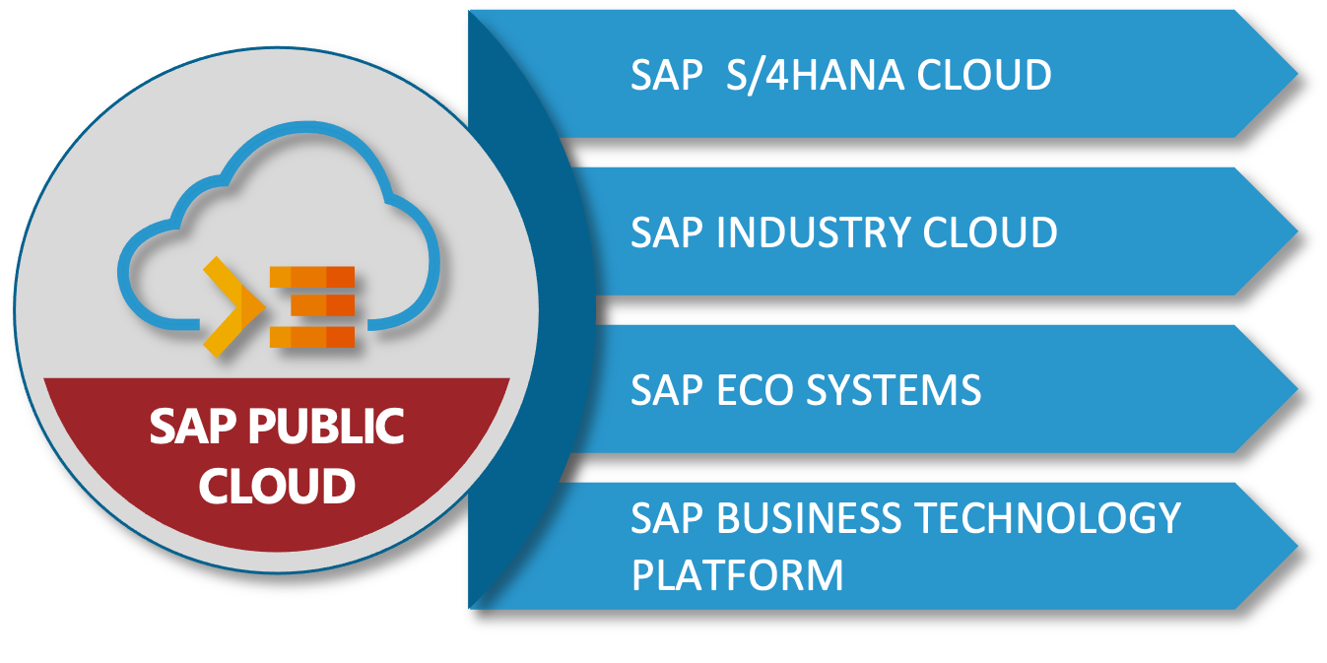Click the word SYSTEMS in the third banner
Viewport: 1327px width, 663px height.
click(x=894, y=391)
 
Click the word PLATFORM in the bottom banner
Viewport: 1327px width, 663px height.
click(x=737, y=574)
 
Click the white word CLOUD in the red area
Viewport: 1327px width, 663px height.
click(x=277, y=486)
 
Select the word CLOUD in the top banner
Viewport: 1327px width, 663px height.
click(x=984, y=76)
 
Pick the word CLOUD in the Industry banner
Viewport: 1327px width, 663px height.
click(x=989, y=233)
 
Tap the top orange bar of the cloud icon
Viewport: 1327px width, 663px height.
click(x=311, y=277)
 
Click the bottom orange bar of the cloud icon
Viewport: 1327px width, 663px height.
click(x=311, y=337)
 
